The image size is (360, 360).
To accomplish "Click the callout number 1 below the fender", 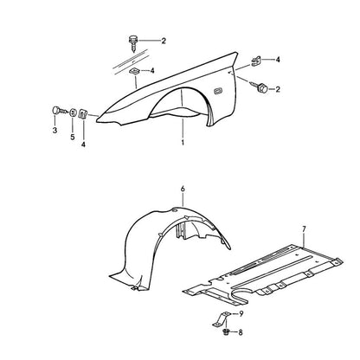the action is coord(183,143).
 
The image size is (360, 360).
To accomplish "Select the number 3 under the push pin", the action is coord(55,131).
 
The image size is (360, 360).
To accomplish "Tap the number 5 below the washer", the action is coord(73,137).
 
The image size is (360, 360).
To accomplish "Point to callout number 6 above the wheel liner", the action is coord(183,189).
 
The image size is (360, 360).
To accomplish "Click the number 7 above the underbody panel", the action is coord(304,230).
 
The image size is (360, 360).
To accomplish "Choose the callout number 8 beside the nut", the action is coord(241,332).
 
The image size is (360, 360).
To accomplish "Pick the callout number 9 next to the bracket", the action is coord(241,314).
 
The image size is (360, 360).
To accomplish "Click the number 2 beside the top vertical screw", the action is coord(164,41).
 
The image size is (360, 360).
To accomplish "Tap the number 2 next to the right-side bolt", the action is coord(278,89).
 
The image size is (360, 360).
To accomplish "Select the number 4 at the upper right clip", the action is coord(278,60).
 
